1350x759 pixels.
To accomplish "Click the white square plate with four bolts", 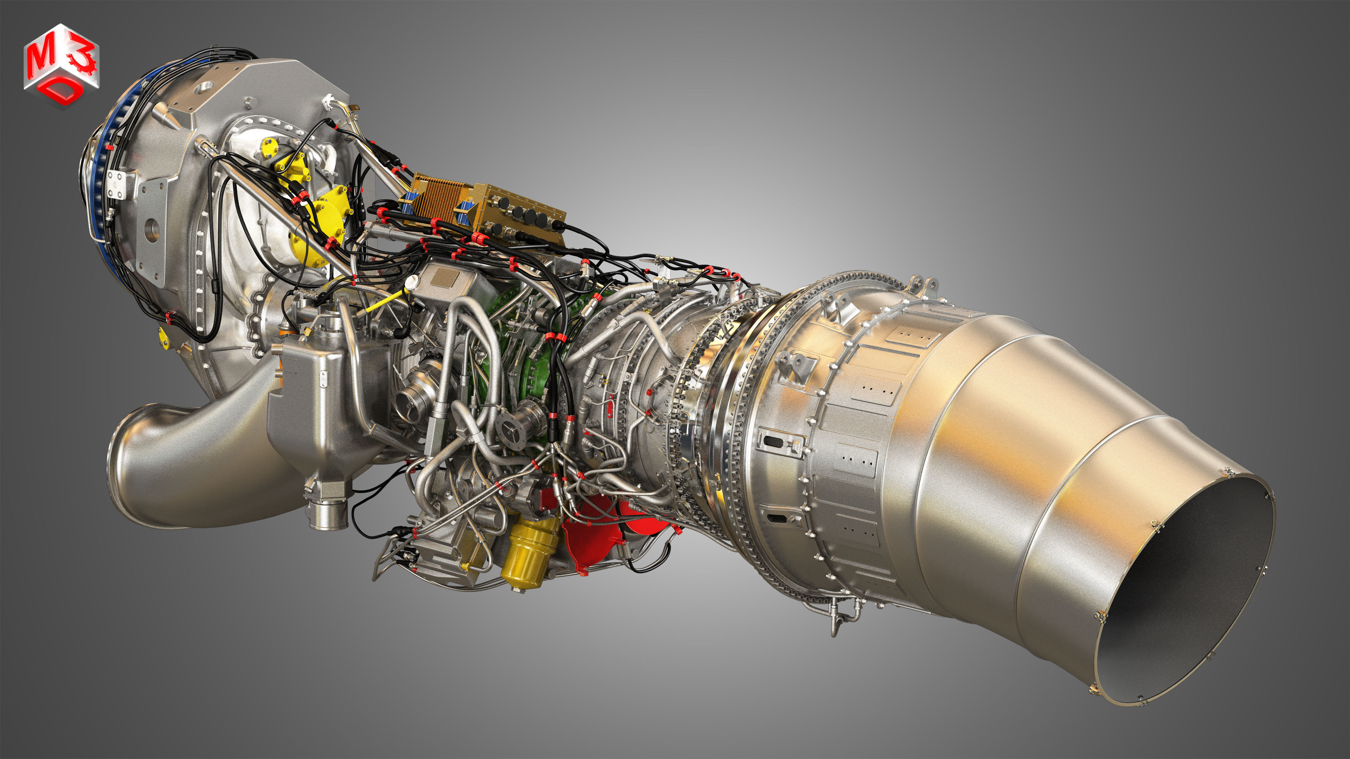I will coord(116,186).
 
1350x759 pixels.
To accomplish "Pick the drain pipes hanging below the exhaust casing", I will coord(833,615).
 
